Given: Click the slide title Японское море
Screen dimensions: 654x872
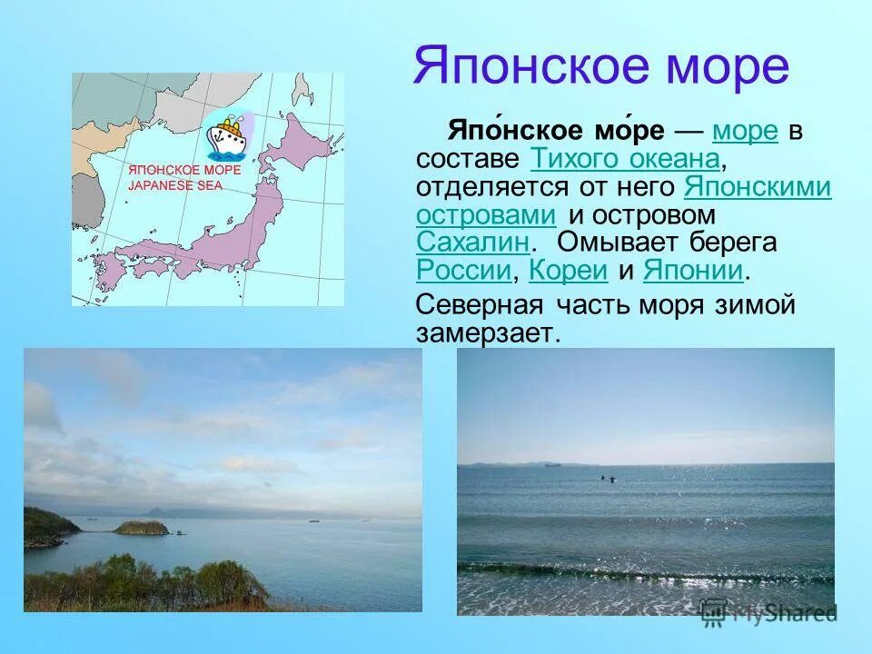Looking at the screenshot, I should [600, 67].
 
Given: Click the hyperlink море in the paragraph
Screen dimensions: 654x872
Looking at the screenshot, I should [746, 132].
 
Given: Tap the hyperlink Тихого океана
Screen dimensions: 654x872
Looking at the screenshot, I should [624, 160].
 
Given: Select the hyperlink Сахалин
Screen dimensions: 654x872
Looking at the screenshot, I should [473, 243].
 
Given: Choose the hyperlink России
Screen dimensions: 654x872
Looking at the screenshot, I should [462, 271].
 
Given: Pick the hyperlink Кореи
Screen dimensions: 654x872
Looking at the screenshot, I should [567, 271].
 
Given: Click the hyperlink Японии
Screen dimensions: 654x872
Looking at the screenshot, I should [693, 271].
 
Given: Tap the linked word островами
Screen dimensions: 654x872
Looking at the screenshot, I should [486, 215].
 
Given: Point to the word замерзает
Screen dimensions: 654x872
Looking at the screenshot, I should [483, 332].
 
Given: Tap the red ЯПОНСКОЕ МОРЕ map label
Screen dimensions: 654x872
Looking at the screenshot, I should [184, 171].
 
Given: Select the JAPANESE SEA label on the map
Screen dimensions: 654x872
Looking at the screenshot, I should [175, 185].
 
